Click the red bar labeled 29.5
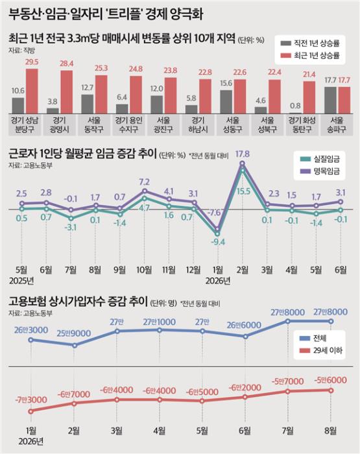click(x=32, y=91)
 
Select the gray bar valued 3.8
click(x=53, y=111)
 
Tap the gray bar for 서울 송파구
click(x=330, y=100)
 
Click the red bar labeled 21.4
click(x=309, y=97)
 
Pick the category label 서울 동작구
click(x=94, y=125)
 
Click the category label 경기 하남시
click(x=198, y=125)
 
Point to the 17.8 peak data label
click(x=243, y=154)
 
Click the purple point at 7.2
click(x=145, y=191)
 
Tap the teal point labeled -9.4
click(x=217, y=233)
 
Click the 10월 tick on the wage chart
click(x=144, y=270)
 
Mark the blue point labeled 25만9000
click(x=75, y=345)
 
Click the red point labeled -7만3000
click(x=31, y=411)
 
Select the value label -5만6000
click(x=330, y=380)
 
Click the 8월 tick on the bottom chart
click(x=330, y=431)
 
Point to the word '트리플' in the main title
click(x=126, y=14)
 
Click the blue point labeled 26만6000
click(x=245, y=337)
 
